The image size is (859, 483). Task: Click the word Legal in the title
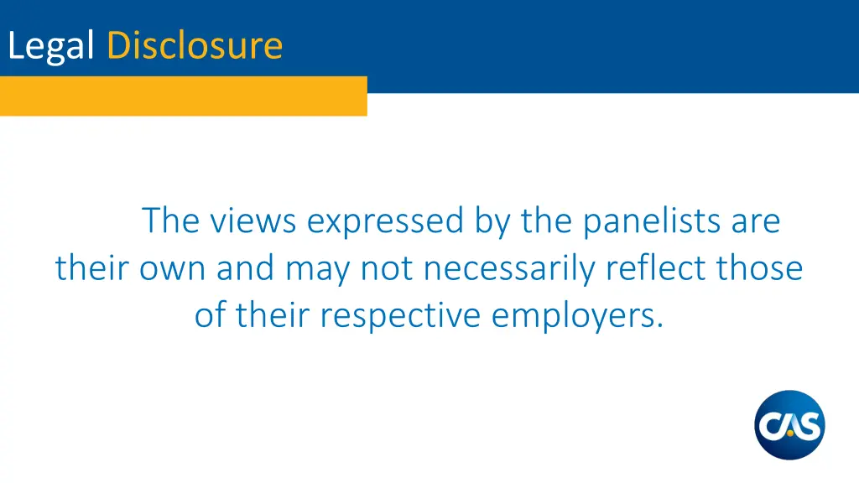pos(49,45)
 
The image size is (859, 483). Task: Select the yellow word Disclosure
pos(195,44)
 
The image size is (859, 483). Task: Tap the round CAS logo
pos(789,425)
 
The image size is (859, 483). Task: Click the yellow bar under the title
pos(183,96)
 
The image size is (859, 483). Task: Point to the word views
pos(253,221)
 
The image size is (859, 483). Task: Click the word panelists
pos(651,221)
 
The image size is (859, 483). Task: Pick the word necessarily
pos(510,269)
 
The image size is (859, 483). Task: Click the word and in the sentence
pos(245,268)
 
